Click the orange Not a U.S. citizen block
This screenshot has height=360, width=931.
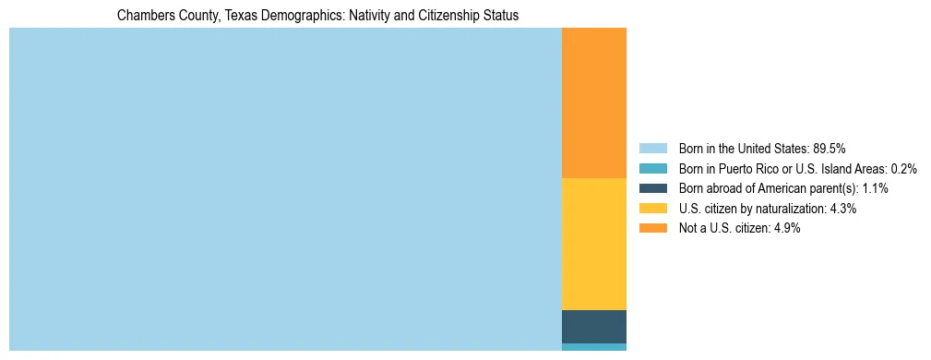tap(593, 102)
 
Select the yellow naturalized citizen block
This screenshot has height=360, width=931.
tap(593, 244)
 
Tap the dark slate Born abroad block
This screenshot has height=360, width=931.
tap(593, 327)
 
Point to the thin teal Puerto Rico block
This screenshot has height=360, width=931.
tap(593, 347)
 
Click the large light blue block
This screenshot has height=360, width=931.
tap(285, 189)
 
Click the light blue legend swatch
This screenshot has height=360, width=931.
tap(652, 148)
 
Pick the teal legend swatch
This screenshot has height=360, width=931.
tap(652, 168)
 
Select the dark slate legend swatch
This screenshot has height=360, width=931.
tap(652, 188)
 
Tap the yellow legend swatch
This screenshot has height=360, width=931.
tap(652, 209)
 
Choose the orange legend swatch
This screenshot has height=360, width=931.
tap(652, 229)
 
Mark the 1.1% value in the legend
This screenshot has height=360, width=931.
tap(875, 188)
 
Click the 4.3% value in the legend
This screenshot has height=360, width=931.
tap(843, 209)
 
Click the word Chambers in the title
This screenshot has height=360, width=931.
tap(144, 16)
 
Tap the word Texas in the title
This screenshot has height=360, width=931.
tap(232, 16)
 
